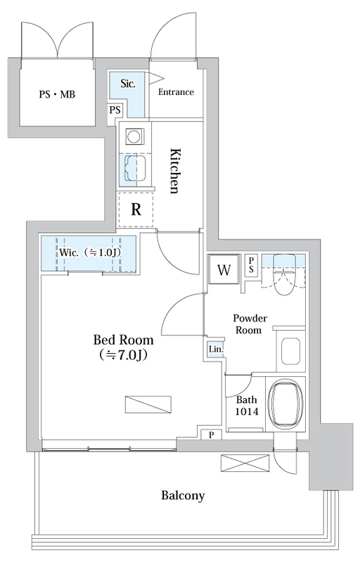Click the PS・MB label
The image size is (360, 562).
click(57, 95)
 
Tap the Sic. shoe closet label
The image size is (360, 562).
click(128, 84)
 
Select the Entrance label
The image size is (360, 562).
click(176, 92)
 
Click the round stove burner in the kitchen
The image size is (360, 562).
click(135, 137)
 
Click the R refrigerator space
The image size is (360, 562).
click(136, 210)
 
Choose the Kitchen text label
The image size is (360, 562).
click(174, 170)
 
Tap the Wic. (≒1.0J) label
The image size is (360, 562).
click(89, 253)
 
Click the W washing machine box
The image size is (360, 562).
click(224, 269)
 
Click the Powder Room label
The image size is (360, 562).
click(250, 324)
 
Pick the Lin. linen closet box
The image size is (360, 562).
click(216, 348)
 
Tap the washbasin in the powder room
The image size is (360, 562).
click(290, 351)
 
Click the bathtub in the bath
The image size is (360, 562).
click(285, 403)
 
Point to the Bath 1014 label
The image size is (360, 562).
click(247, 406)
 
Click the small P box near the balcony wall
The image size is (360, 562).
click(212, 435)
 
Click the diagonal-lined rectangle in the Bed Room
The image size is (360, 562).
click(148, 404)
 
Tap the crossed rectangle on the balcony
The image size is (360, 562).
click(245, 463)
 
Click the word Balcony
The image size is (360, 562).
click(183, 496)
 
